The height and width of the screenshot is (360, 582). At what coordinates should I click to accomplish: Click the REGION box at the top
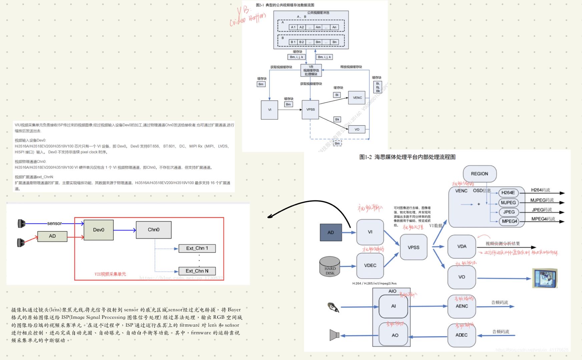click(x=479, y=174)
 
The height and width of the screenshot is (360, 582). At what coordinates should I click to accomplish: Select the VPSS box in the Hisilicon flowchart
click(x=413, y=247)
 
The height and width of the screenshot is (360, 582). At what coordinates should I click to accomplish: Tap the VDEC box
click(x=370, y=265)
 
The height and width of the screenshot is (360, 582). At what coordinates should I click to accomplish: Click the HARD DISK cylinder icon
click(x=330, y=266)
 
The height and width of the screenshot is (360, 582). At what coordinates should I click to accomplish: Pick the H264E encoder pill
click(x=508, y=193)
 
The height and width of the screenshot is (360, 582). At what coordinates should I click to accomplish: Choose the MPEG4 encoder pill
click(x=509, y=221)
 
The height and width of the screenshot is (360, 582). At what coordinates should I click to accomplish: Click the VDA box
click(x=462, y=246)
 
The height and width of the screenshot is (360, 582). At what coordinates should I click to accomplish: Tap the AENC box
click(x=462, y=306)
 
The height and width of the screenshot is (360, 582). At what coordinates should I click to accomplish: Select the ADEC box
click(x=461, y=335)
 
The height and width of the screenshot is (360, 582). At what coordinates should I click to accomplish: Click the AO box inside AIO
click(x=395, y=335)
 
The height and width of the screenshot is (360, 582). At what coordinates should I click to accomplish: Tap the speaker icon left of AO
click(x=334, y=335)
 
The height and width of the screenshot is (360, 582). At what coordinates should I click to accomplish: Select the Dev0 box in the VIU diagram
click(x=98, y=230)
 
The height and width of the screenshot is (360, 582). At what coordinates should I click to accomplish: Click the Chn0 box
click(x=153, y=230)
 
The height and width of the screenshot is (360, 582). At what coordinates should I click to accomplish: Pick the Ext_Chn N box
click(x=197, y=271)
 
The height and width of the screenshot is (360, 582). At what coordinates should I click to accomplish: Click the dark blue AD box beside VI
click(x=331, y=232)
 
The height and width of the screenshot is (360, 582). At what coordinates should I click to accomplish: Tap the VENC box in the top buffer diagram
click(x=357, y=98)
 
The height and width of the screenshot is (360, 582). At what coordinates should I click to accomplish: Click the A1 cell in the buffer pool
click(x=293, y=27)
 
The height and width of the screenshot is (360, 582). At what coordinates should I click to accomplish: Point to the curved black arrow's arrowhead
click(x=269, y=217)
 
